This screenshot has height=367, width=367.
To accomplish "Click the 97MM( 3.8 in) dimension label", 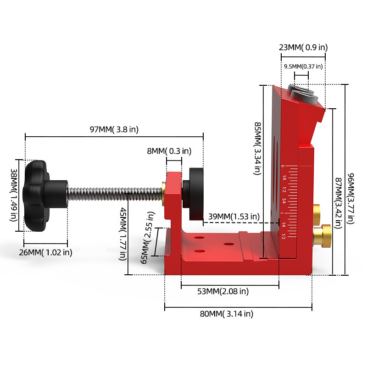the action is point(114,129).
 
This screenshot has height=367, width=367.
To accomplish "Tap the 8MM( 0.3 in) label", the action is point(169,151).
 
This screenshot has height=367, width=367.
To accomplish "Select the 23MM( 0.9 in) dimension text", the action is point(303,47).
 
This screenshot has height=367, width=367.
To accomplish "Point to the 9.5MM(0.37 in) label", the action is point(303,67).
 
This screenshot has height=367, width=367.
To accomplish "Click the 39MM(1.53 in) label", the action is point(234,216).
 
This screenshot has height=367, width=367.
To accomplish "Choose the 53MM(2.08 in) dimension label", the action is point(223,291).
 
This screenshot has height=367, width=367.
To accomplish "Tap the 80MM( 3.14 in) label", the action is point(226,314).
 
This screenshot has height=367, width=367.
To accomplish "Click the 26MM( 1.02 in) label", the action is point(45,252).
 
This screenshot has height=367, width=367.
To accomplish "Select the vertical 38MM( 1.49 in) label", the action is point(14,195).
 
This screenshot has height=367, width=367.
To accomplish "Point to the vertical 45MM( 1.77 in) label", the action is point(123,234).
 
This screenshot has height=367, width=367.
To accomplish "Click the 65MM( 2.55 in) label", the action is point(148,238).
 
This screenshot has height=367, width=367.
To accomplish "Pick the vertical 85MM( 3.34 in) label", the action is point(257,148).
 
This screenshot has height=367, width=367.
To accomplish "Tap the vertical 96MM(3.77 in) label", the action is point(350,199).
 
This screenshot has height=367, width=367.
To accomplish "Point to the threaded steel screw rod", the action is point(115,194).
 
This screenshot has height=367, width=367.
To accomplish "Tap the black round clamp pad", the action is point(193,194).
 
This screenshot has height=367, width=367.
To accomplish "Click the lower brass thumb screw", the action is point(322,236).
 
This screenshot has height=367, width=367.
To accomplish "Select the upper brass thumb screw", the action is point(317,215).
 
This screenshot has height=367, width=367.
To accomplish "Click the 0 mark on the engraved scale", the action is point(283,166).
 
